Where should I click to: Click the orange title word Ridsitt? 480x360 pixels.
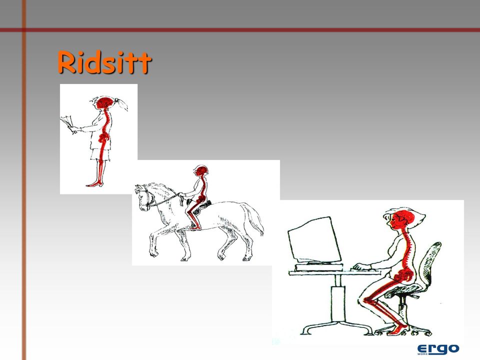tap(104, 62)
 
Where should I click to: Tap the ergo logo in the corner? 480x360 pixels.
tap(438, 349)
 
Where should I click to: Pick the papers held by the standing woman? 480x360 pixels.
tap(67, 123)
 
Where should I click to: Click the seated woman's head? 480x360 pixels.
tap(402, 219)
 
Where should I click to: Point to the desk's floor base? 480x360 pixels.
tap(337, 327)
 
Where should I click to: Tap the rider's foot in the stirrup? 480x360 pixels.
tap(195, 227)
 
